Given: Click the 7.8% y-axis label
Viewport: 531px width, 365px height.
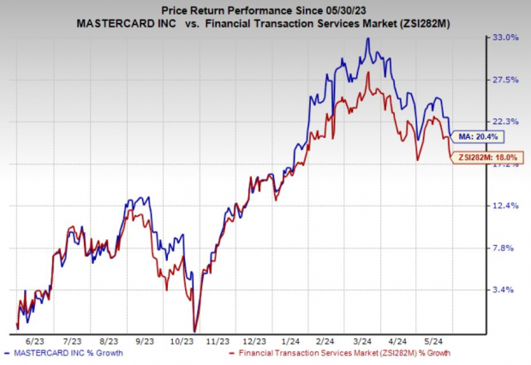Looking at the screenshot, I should [506, 248].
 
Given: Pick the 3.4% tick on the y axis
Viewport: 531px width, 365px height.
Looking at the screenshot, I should [506, 290].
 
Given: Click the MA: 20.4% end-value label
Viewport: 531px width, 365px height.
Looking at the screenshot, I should [476, 136].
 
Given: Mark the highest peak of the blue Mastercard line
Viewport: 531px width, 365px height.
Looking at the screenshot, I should [367, 39].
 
